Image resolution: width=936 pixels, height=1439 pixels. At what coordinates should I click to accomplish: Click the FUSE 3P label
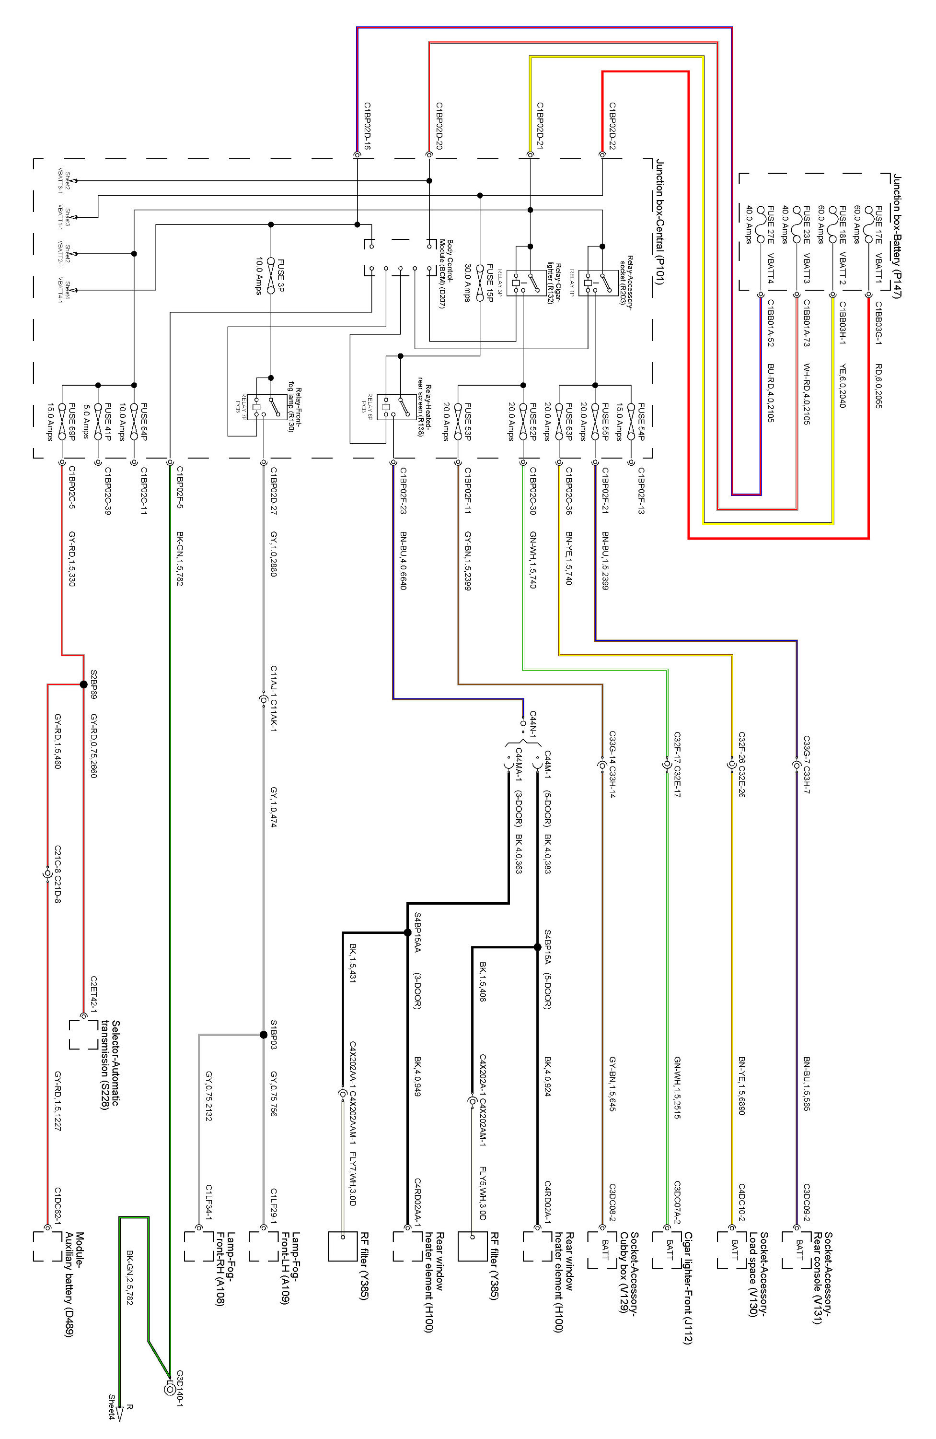[280, 276]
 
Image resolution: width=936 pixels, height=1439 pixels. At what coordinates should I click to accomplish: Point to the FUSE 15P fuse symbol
[480, 283]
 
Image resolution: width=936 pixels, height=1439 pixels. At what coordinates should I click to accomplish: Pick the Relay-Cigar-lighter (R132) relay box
[523, 283]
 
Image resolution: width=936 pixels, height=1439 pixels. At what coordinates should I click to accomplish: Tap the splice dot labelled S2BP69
[83, 684]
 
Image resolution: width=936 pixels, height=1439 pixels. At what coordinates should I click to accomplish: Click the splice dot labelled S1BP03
[264, 1035]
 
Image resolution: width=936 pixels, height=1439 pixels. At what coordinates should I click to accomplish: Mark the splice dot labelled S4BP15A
[537, 947]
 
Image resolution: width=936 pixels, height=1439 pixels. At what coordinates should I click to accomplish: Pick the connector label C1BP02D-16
[367, 126]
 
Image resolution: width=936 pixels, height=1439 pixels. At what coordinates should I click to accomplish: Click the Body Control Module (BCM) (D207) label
[446, 273]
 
